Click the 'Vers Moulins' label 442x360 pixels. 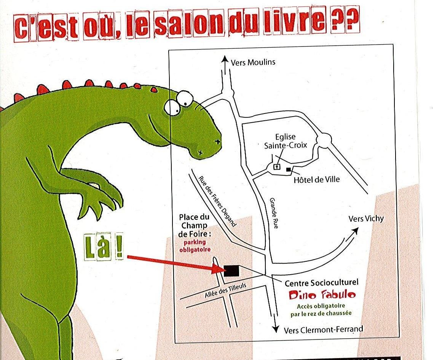[x=253, y=62]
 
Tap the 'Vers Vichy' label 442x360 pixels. [x=366, y=219]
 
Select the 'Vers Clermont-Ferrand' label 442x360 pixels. [x=323, y=329]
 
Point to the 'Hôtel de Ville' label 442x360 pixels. [x=317, y=179]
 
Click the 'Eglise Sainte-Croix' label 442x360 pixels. [x=285, y=141]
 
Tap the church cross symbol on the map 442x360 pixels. [x=277, y=167]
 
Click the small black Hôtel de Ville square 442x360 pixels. [x=288, y=169]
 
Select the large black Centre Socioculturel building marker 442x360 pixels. [x=231, y=271]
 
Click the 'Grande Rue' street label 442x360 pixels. [x=274, y=213]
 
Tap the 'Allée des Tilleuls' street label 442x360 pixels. [x=225, y=290]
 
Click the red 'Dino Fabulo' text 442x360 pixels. [x=322, y=295]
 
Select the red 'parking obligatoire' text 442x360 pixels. [x=195, y=246]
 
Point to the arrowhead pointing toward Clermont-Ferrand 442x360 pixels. [x=275, y=329]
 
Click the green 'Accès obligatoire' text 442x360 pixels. [x=321, y=306]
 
